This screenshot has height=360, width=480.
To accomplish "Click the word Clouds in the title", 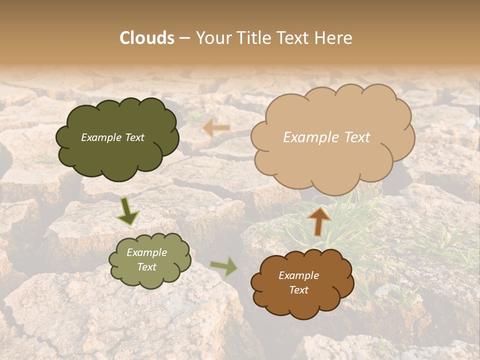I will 147,38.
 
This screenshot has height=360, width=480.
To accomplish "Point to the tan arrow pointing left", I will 217,128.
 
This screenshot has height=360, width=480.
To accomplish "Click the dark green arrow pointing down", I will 127,211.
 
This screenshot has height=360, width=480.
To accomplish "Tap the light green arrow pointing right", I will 224,266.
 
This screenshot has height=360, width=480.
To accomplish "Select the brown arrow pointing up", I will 318,221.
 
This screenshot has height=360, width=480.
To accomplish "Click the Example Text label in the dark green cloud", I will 112,137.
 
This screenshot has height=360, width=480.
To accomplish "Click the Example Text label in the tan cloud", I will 326,137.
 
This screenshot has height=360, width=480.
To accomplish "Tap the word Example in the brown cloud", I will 298,275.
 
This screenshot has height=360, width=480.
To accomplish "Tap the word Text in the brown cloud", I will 298,290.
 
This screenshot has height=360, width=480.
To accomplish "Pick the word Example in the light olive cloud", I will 146,252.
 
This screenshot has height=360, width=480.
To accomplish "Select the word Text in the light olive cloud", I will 146,267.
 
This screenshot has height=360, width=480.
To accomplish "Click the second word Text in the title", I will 293,38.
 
